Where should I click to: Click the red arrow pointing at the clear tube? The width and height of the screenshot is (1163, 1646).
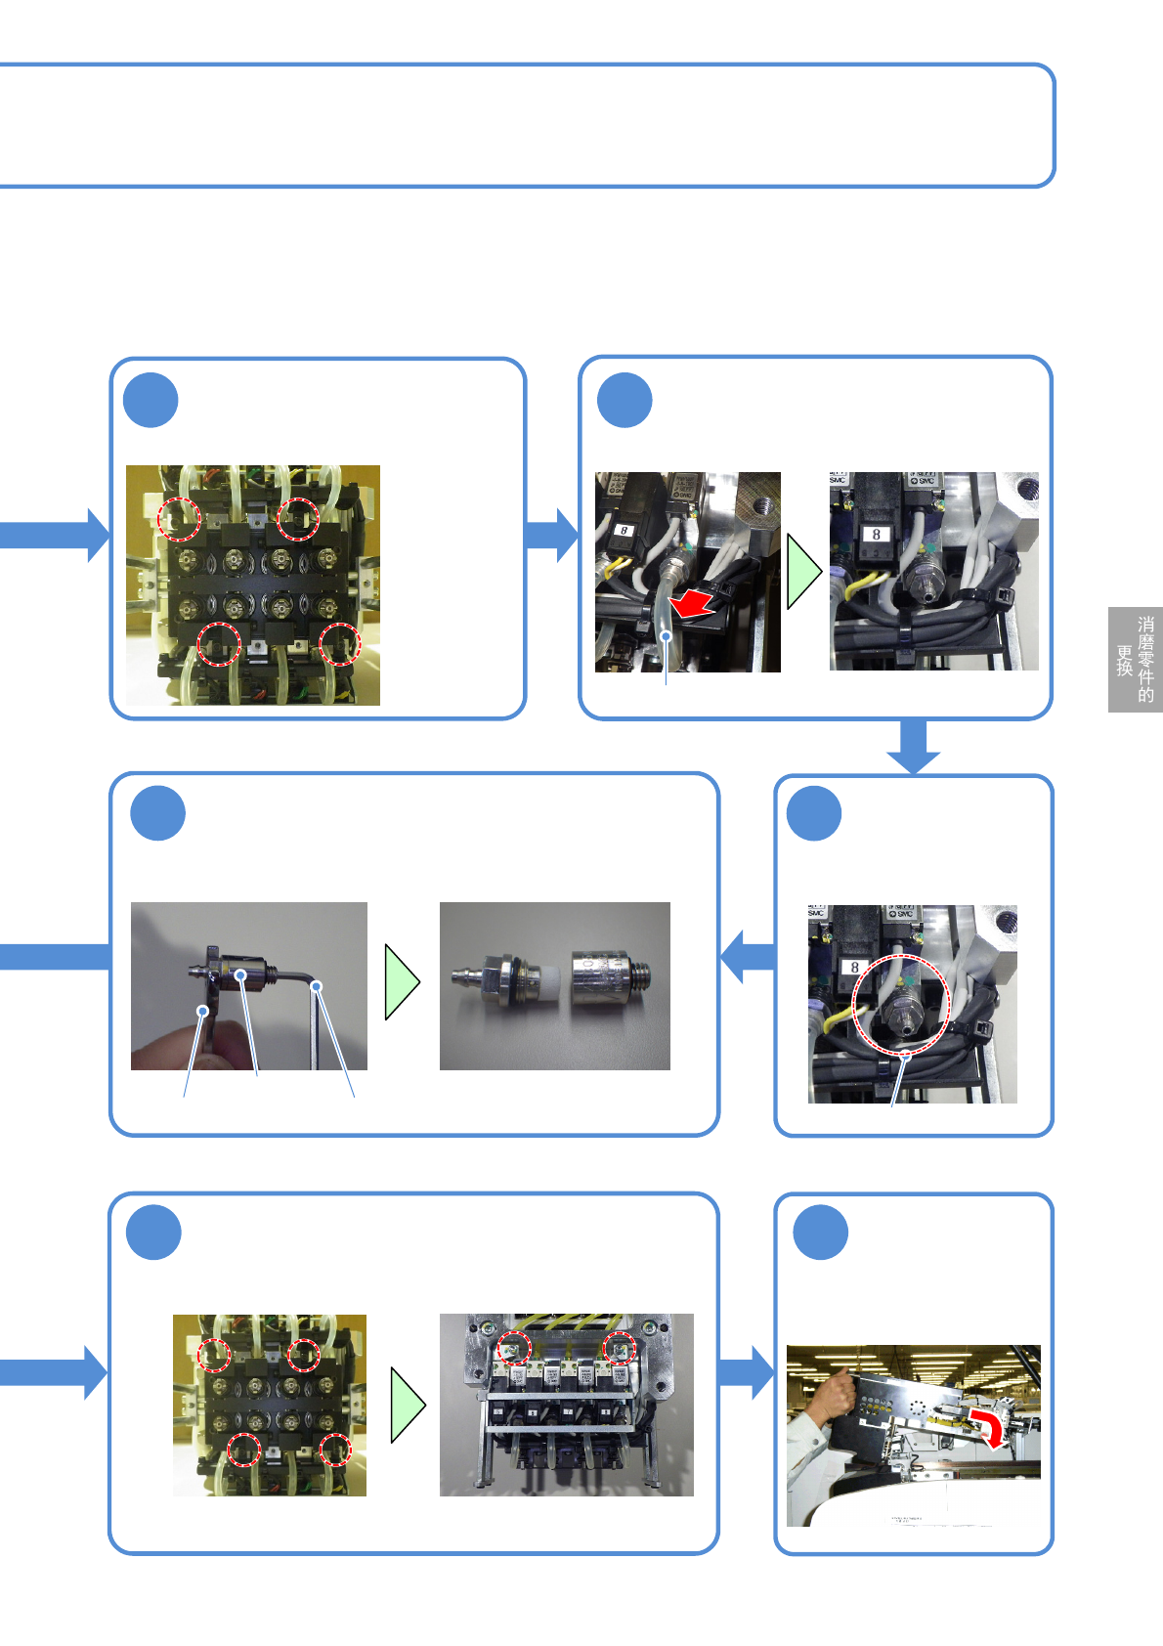(x=693, y=604)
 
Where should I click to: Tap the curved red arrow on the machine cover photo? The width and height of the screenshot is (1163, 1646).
(x=988, y=1426)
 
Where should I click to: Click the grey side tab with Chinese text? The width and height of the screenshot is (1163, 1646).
(x=1135, y=660)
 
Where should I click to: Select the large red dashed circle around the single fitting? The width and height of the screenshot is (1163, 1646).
(x=900, y=1007)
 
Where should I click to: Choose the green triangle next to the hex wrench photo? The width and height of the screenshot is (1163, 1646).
(x=402, y=982)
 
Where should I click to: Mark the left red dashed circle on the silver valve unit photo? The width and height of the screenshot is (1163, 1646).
(x=514, y=1350)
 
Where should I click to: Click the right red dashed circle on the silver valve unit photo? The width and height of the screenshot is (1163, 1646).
(x=619, y=1350)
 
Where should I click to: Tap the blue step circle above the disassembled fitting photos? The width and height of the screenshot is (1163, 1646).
(x=158, y=813)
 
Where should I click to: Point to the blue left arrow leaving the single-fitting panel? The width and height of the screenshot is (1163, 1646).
(x=748, y=955)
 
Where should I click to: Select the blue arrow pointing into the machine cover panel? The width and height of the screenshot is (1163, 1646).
(x=748, y=1372)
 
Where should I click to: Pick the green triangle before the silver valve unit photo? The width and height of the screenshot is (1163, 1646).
(x=408, y=1405)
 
